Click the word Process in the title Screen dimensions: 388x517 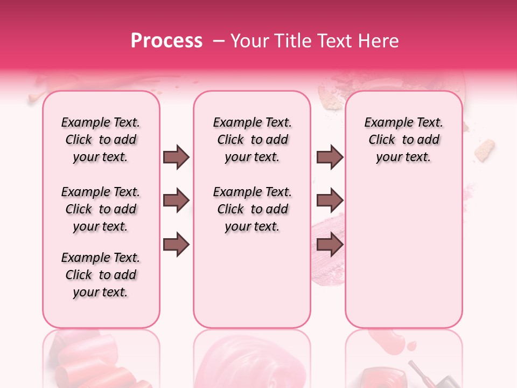pyautogui.click(x=166, y=41)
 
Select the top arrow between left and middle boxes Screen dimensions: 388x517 pyautogui.click(x=176, y=157)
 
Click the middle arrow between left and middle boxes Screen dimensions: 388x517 pyautogui.click(x=176, y=201)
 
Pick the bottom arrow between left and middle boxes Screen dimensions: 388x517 pyautogui.click(x=176, y=245)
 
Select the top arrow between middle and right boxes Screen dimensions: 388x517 pyautogui.click(x=330, y=157)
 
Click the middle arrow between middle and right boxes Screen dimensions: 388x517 pyautogui.click(x=330, y=201)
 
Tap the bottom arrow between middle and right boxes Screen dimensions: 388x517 pyautogui.click(x=330, y=245)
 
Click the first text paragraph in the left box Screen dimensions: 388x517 pyautogui.click(x=101, y=140)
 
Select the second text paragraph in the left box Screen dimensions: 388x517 pyautogui.click(x=101, y=209)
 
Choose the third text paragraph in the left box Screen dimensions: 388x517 pyautogui.click(x=101, y=275)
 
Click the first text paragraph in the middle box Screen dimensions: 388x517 pyautogui.click(x=252, y=140)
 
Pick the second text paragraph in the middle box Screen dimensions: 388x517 pyautogui.click(x=252, y=209)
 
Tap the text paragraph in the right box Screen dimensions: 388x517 pyautogui.click(x=403, y=140)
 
